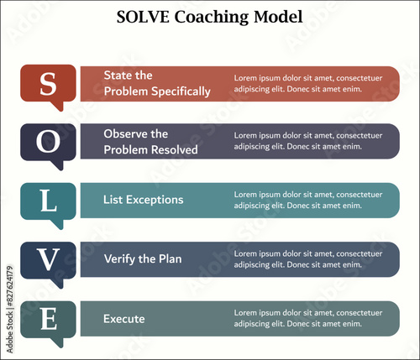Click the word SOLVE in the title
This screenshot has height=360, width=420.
coord(143,17)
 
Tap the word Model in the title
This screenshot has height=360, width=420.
coord(278,17)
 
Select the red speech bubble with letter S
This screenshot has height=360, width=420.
coord(48,84)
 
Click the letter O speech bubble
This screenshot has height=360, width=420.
coord(48,143)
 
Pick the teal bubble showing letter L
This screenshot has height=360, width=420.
coord(48,202)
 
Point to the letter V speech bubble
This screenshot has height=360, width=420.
coord(48,261)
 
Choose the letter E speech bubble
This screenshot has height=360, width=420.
coord(48,321)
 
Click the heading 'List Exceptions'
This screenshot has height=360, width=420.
coord(144,200)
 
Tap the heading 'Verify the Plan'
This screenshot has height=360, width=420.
coord(143,259)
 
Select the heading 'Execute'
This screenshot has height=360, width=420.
coord(124,319)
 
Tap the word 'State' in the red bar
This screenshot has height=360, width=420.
coord(116,76)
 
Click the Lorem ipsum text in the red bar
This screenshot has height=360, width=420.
coord(308,83)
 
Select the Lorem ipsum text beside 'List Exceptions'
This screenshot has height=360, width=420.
coord(308,200)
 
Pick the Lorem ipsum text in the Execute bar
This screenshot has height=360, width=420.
coord(308,318)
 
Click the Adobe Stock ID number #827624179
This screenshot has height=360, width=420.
coord(10,285)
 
